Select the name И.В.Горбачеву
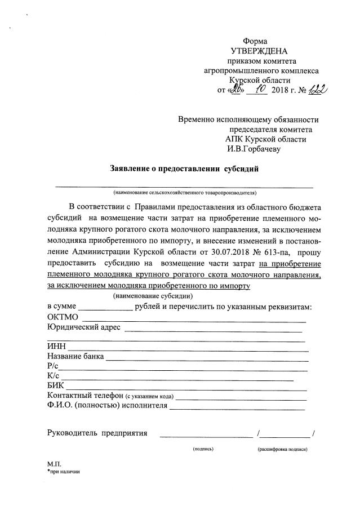click(253, 149)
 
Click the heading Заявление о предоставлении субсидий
click(184, 168)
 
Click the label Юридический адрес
click(84, 327)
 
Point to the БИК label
click(56, 386)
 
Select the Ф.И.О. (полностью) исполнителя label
click(108, 406)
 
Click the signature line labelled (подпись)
click(206, 434)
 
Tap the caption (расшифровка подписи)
click(282, 449)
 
